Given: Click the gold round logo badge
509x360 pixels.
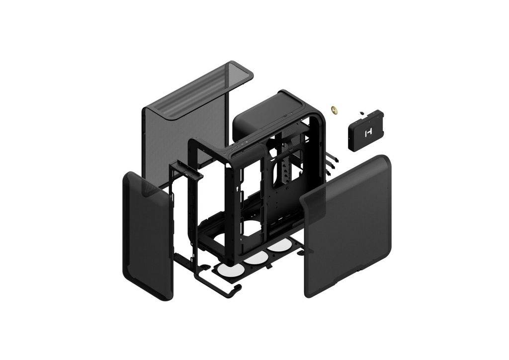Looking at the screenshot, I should [336, 109].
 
